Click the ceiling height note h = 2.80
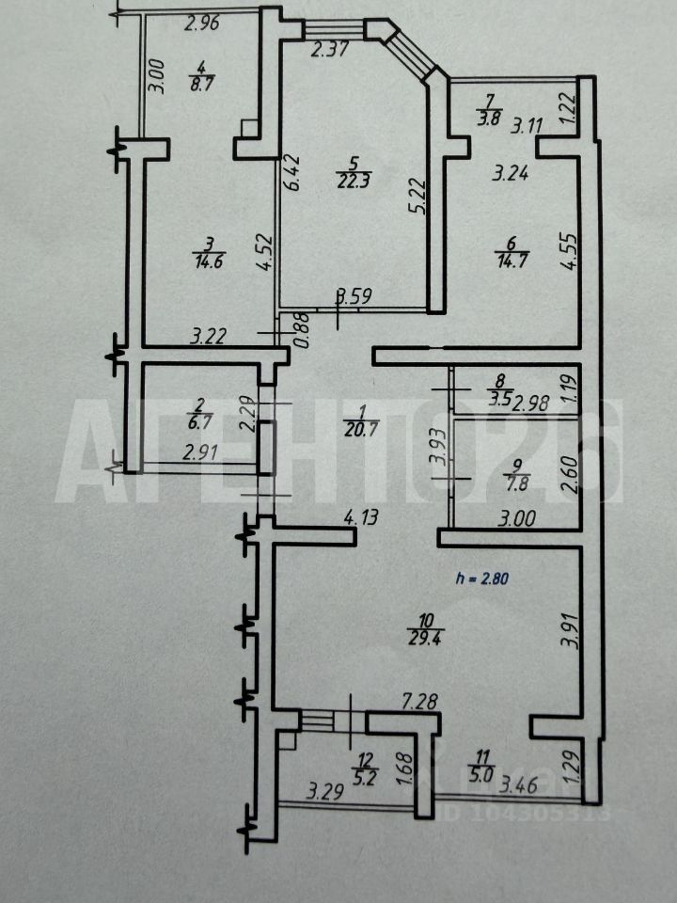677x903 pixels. (x=480, y=579)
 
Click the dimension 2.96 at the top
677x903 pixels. (x=201, y=24)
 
